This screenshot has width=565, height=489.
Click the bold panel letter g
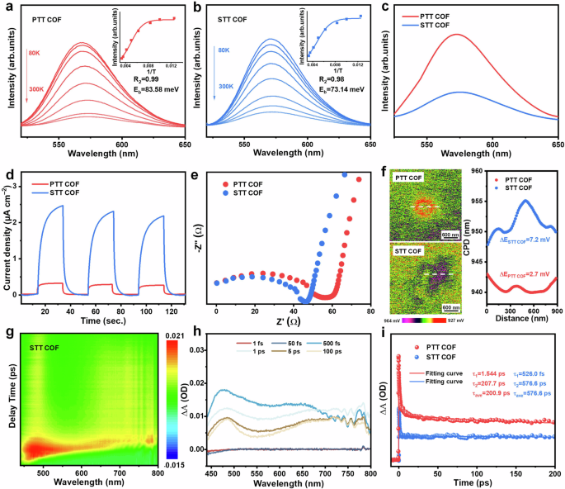(x=9, y=333)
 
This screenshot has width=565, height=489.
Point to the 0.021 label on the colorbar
(x=181, y=331)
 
